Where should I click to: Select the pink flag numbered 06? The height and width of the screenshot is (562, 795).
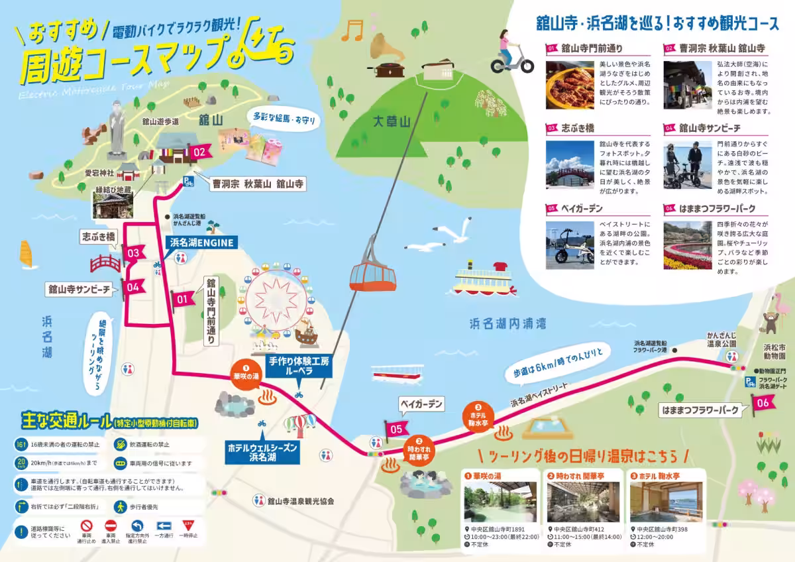(763, 402)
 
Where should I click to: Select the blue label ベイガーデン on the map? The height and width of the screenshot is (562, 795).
(420, 403)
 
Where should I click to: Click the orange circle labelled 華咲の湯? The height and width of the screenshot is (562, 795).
(245, 371)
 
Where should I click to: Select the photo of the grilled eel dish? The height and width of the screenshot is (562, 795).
(570, 85)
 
